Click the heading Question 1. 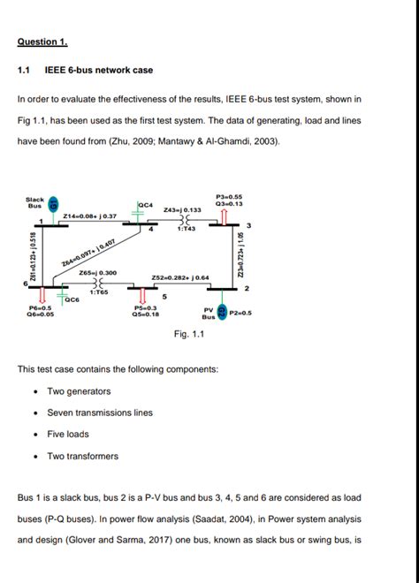pyautogui.click(x=42, y=42)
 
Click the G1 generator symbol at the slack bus pyautogui.click(x=53, y=206)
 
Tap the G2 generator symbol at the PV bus pyautogui.click(x=222, y=312)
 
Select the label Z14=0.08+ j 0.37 pyautogui.click(x=90, y=216)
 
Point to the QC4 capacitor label pyautogui.click(x=147, y=205)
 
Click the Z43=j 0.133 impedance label pyautogui.click(x=183, y=209)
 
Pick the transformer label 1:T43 pyautogui.click(x=187, y=229)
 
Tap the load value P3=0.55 pyautogui.click(x=229, y=196)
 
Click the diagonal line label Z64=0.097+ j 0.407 pyautogui.click(x=88, y=254)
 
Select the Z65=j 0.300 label pyautogui.click(x=98, y=273)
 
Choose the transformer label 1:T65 pyautogui.click(x=98, y=291)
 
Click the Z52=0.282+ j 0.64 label pyautogui.click(x=180, y=277)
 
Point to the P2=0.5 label pyautogui.click(x=240, y=313)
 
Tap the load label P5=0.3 pyautogui.click(x=145, y=307)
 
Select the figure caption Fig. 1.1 pyautogui.click(x=190, y=334)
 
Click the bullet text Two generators pyautogui.click(x=79, y=391)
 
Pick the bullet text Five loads pyautogui.click(x=68, y=434)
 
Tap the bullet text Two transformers pyautogui.click(x=82, y=456)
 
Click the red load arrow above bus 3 pyautogui.click(x=225, y=216)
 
